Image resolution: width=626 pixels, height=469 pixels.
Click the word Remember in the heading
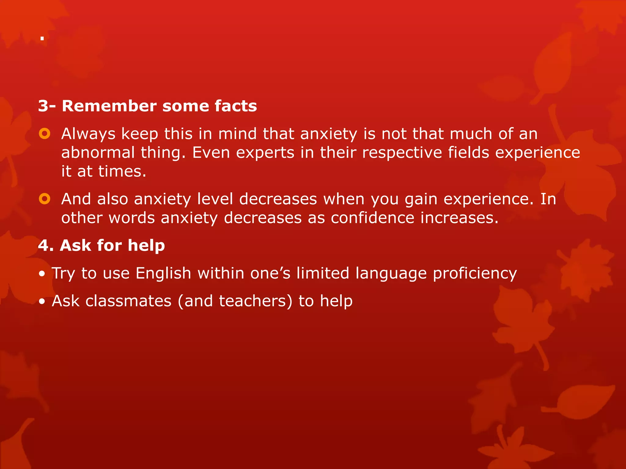pos(109,106)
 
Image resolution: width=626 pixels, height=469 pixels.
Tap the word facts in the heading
pos(236,106)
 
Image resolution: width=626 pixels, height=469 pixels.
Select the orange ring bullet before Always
pos(45,134)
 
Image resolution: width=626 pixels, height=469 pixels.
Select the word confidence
pos(372,218)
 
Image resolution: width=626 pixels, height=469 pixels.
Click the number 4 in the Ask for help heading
pos(43,245)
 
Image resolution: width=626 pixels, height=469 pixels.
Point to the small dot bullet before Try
pos(42,274)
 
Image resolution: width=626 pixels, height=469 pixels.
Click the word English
pos(163,273)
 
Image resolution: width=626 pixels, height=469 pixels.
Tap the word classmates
pos(128,301)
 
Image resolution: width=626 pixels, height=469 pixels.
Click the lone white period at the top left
pos(42,38)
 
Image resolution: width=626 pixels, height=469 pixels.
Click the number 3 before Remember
pos(43,106)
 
